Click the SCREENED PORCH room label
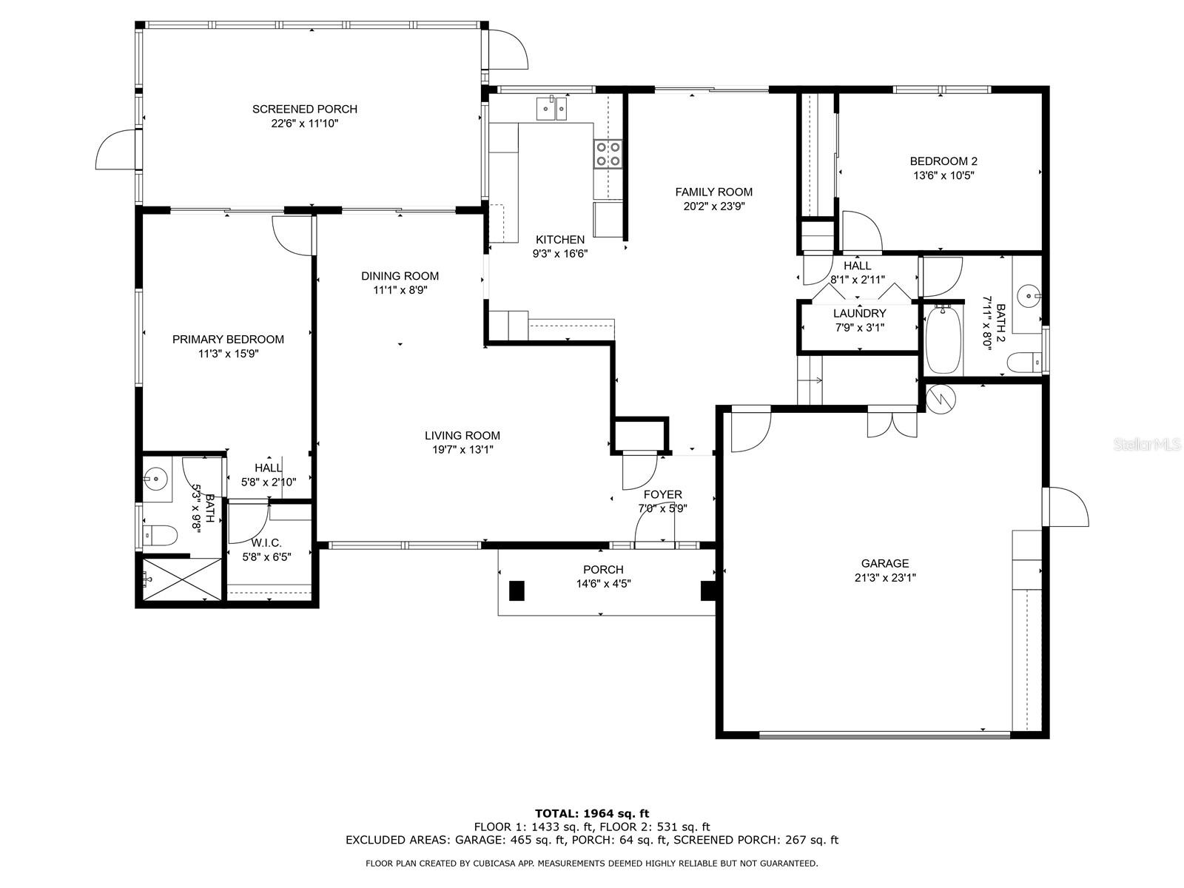305,109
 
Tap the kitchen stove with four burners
608,154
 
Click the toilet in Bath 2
1025,362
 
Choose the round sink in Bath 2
1029,295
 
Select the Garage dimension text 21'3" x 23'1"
884,577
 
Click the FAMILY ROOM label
713,192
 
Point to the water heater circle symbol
941,398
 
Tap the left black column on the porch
517,590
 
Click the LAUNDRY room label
859,313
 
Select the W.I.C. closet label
266,543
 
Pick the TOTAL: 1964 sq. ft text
592,813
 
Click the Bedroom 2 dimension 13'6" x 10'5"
943,175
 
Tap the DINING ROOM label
400,276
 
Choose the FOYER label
662,494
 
